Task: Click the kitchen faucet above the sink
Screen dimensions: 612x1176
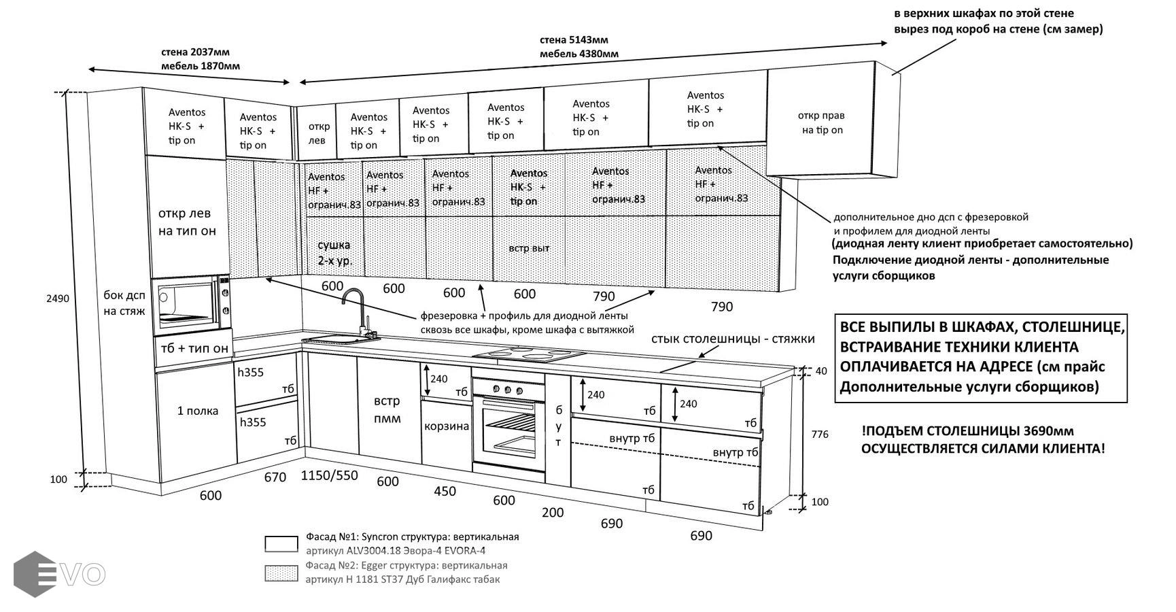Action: pyautogui.click(x=353, y=309)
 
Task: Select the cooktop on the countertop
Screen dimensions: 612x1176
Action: pyautogui.click(x=530, y=354)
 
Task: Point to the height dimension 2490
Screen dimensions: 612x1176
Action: pyautogui.click(x=58, y=299)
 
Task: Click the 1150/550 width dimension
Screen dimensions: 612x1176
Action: pyautogui.click(x=329, y=475)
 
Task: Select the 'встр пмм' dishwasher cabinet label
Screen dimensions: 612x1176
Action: pyautogui.click(x=387, y=409)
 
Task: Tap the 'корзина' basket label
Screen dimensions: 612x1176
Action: pyautogui.click(x=447, y=426)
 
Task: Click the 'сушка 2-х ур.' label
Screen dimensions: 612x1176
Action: pyautogui.click(x=334, y=252)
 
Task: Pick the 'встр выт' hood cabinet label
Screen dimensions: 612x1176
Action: pyautogui.click(x=529, y=248)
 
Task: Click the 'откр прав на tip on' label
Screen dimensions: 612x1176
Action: pyautogui.click(x=821, y=123)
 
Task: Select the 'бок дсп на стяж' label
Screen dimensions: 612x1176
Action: pyautogui.click(x=124, y=303)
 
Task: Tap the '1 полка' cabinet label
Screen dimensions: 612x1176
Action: pyautogui.click(x=198, y=411)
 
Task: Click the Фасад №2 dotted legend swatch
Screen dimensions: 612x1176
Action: pyautogui.click(x=281, y=573)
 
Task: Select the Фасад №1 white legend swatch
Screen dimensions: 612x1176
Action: pyautogui.click(x=281, y=544)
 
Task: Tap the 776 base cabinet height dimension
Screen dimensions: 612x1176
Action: pyautogui.click(x=820, y=434)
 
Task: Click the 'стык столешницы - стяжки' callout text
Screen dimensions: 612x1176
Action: pyautogui.click(x=732, y=339)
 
